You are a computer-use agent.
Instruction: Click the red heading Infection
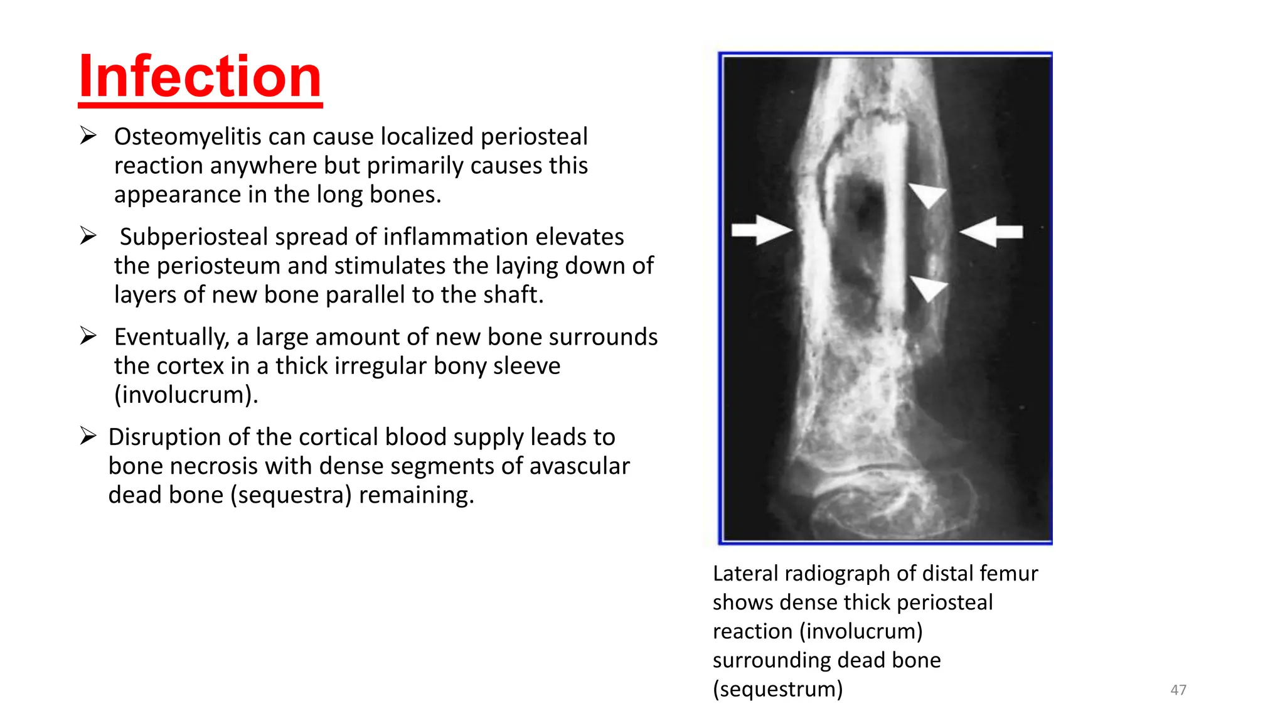[200, 77]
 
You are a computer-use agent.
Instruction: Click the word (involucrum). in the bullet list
[186, 395]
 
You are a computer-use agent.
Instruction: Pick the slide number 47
[1178, 690]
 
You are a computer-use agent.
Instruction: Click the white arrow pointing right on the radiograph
[762, 230]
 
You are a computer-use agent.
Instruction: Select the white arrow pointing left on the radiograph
[991, 232]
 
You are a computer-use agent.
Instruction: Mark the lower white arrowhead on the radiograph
[928, 288]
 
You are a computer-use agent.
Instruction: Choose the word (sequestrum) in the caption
[777, 689]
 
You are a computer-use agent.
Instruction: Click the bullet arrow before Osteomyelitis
[88, 136]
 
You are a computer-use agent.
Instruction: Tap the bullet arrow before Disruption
[88, 436]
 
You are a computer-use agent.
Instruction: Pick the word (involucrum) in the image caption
[861, 631]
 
